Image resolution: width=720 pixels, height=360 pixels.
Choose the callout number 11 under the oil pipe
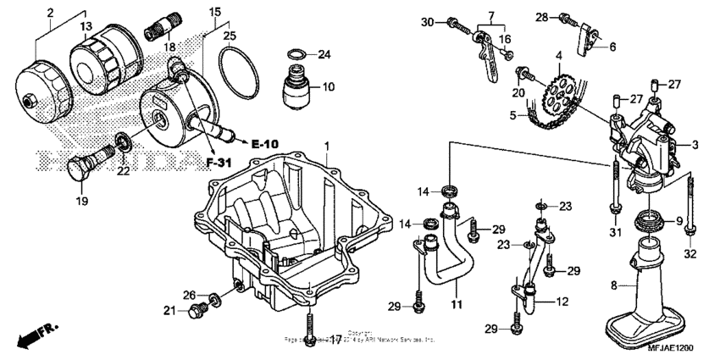[456, 304]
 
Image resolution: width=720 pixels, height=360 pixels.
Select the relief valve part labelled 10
[296, 88]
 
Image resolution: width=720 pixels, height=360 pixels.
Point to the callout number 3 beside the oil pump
[694, 145]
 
